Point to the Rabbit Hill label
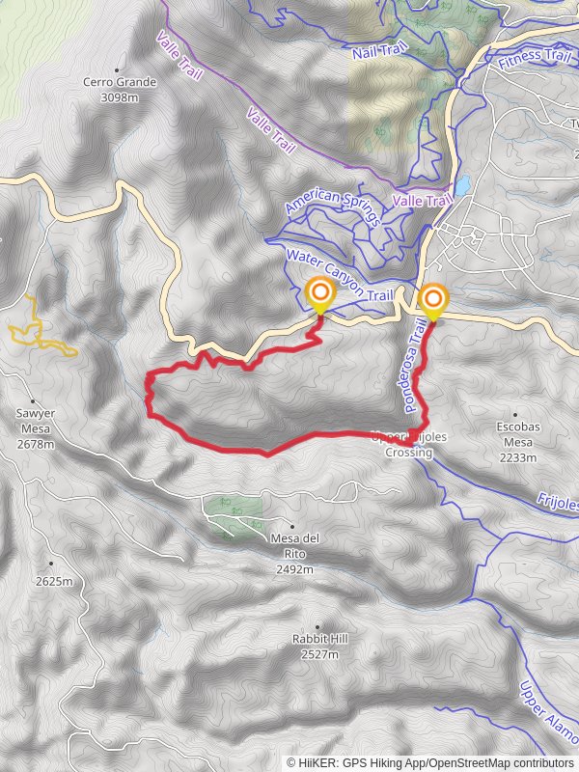319,646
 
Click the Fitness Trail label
535,59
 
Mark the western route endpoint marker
318,294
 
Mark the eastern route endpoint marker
432,299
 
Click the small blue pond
463,183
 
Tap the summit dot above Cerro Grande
117,69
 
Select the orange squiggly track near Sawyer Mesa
39,328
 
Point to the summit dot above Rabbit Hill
317,626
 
